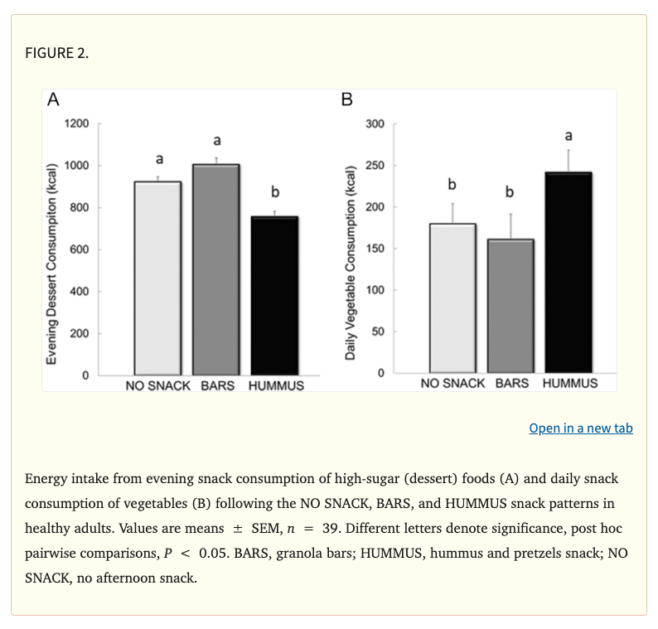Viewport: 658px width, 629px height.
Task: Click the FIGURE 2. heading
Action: pos(57,54)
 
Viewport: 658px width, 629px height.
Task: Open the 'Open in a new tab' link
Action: pos(580,428)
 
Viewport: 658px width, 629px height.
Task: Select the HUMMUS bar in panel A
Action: pos(275,295)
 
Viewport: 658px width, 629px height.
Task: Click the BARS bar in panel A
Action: pos(216,269)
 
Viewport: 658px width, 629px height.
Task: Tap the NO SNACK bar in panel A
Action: pos(157,278)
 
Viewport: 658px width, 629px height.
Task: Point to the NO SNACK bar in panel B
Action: pos(452,299)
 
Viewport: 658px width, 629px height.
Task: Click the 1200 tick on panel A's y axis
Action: pos(76,123)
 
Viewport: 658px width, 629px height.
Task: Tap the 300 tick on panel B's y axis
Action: pos(375,124)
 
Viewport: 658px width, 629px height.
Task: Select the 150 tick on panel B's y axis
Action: pos(375,249)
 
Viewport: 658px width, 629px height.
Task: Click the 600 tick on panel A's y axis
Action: pos(80,249)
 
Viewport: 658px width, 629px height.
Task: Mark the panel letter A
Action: pos(54,100)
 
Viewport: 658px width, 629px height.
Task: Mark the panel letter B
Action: pos(347,100)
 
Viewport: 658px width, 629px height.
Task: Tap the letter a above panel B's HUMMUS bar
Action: pos(568,134)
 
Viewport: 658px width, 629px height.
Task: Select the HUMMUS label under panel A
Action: pos(276,385)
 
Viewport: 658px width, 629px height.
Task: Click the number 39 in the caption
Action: pos(332,528)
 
